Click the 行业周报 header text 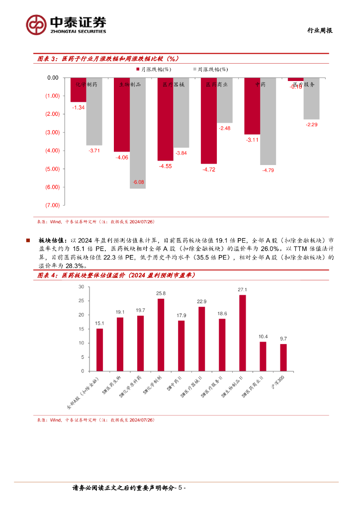(318, 30)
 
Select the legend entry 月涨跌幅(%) (155, 70)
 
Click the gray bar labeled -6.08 (138, 133)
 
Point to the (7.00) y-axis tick (52, 205)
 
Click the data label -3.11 (252, 140)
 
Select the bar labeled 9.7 (283, 357)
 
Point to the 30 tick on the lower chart (81, 287)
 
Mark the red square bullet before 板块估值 (28, 241)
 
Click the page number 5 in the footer (181, 488)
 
